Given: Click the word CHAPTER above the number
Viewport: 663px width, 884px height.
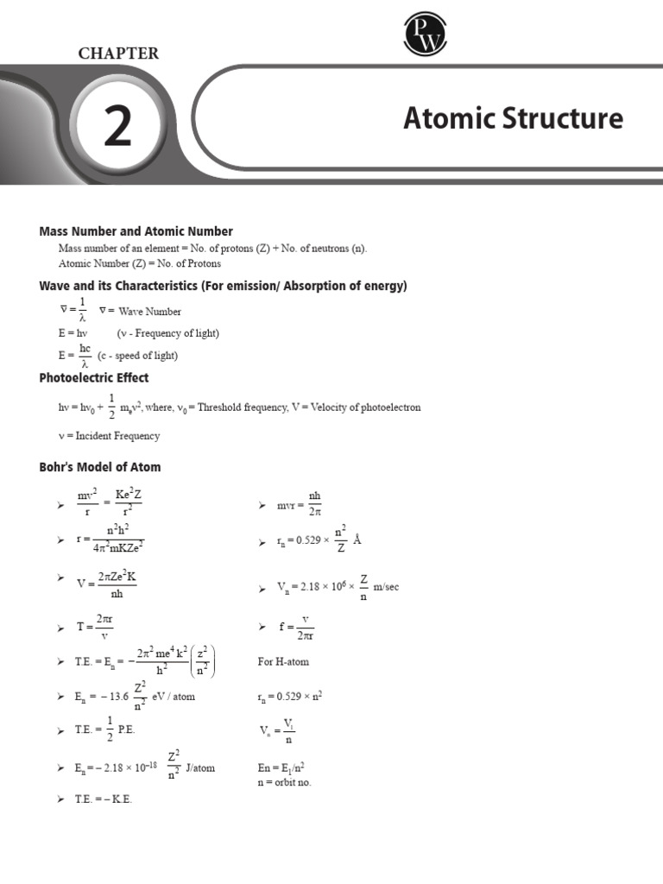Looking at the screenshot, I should click(118, 54).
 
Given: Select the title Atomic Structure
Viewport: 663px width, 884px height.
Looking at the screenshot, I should click(513, 118).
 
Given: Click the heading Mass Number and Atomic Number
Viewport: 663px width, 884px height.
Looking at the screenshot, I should click(136, 231).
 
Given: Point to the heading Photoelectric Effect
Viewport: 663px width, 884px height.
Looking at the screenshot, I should click(94, 377).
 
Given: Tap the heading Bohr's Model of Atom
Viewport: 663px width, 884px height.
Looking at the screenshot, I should click(100, 467).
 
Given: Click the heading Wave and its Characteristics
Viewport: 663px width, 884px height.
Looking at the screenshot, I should click(223, 286).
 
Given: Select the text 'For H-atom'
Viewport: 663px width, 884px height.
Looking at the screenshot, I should click(283, 661).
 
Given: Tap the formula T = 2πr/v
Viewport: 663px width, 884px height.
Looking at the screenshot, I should click(93, 627).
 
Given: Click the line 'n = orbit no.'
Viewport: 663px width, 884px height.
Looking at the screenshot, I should click(284, 782).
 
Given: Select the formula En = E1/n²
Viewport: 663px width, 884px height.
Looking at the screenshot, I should click(282, 767).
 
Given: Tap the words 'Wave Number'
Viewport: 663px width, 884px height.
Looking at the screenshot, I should click(150, 312).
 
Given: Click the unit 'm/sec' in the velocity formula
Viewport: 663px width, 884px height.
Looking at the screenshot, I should click(386, 587).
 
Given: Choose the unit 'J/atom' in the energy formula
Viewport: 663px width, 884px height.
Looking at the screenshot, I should click(200, 767).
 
